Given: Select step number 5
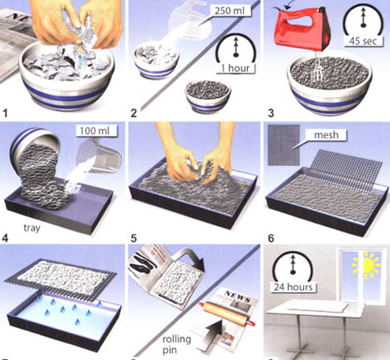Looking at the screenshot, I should pyautogui.click(x=138, y=234).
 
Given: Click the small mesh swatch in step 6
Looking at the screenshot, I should pyautogui.click(x=280, y=141).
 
